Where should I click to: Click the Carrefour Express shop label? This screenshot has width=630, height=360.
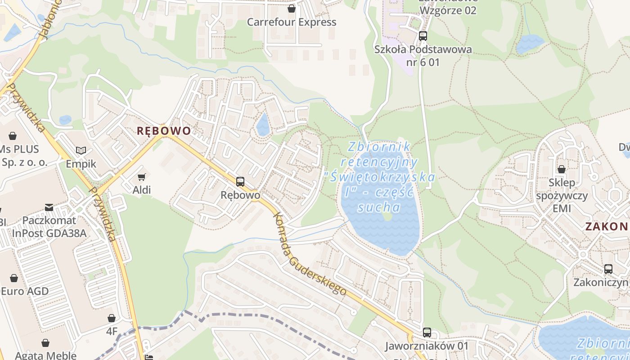(x=292, y=22)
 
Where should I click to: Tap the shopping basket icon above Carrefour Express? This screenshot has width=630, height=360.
(x=292, y=9)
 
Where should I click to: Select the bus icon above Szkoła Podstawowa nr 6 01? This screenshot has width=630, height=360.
(x=423, y=36)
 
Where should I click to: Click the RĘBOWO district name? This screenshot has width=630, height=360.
(x=164, y=131)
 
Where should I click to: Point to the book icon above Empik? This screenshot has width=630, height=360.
(x=81, y=150)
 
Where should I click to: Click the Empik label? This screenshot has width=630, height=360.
(x=81, y=163)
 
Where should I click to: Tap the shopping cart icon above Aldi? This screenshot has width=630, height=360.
(x=142, y=177)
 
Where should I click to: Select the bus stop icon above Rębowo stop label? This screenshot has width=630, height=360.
(x=240, y=182)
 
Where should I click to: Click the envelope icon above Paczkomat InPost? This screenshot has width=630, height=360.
(x=49, y=207)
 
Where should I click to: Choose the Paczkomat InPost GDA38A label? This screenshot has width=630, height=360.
(x=49, y=227)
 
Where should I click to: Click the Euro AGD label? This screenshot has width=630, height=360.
(x=25, y=291)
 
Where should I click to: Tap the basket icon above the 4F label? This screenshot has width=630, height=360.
(x=112, y=319)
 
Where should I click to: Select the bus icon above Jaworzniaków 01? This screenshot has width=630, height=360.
(x=427, y=333)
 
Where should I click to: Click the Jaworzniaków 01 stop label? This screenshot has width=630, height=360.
(x=427, y=346)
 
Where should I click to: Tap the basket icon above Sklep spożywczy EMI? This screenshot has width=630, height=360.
(x=562, y=169)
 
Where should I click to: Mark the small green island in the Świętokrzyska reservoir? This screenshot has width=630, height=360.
(x=387, y=216)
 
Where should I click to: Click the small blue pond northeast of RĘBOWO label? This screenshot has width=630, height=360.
(x=263, y=124)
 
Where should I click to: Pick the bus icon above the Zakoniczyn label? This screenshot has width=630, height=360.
(x=608, y=269)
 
